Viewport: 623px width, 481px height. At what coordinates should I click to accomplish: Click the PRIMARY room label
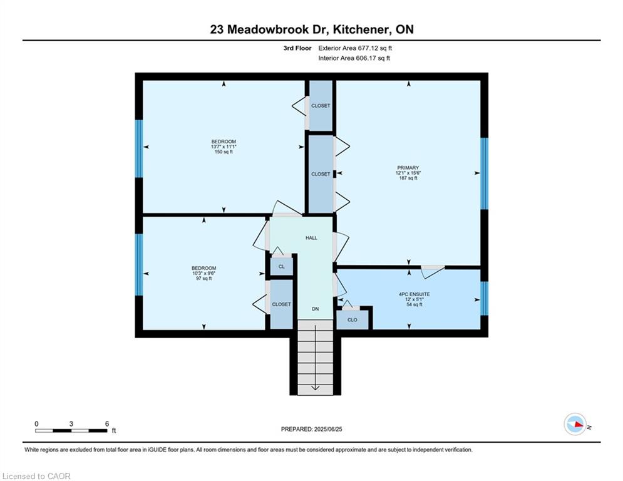coord(408,168)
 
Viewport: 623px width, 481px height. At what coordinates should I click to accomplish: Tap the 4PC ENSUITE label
coord(414,294)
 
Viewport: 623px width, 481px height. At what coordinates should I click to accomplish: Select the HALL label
coord(312,238)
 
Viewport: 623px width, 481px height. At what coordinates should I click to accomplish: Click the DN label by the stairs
coord(315,309)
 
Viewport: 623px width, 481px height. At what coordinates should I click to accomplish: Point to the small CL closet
coord(282,266)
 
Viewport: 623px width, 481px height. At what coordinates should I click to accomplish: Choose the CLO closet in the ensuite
coord(353,319)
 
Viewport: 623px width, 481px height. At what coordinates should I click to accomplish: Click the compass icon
coord(575,424)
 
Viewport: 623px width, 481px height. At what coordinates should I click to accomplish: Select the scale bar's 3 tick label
coord(71,424)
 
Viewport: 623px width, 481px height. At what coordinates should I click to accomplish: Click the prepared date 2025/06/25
coord(328,429)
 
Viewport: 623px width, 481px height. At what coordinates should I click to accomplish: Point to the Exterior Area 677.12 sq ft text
coord(355,48)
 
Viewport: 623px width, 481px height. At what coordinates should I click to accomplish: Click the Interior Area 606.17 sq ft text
coord(354,58)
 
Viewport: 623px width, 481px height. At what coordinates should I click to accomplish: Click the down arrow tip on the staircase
coord(315,390)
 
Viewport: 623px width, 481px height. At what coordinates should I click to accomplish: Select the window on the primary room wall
coord(485,173)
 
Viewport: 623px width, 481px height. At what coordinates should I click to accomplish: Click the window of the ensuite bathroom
coord(485,299)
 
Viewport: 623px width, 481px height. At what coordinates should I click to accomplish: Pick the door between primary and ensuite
coord(433,272)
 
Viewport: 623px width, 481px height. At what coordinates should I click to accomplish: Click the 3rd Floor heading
coord(297,48)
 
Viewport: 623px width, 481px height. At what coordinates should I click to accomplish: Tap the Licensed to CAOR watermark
coord(36,476)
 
